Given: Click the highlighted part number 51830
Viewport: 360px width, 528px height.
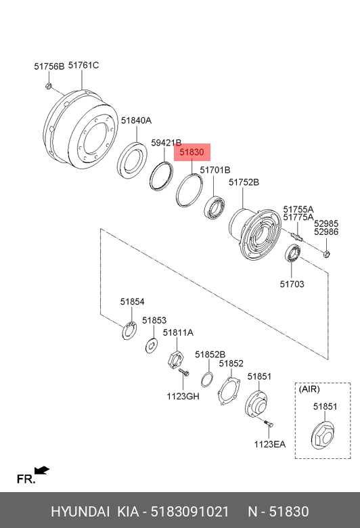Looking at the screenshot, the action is click(x=192, y=152).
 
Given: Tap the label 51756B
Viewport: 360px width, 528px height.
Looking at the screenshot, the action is click(x=49, y=66).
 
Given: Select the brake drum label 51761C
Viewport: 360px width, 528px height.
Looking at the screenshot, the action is click(x=83, y=65).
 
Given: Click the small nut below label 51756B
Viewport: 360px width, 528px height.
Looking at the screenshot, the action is click(x=49, y=86).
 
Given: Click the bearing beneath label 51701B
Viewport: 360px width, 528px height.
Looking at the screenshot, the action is click(x=215, y=206).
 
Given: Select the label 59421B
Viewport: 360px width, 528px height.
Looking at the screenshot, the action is click(x=166, y=143).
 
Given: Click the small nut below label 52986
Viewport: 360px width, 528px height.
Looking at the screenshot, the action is click(x=326, y=254).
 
